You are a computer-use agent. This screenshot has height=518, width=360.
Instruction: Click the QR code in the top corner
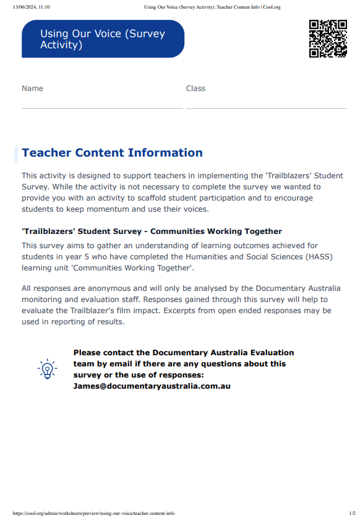[328, 38]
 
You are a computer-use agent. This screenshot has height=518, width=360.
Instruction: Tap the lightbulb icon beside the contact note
[47, 369]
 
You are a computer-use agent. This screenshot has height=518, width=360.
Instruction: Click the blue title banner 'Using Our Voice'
[103, 39]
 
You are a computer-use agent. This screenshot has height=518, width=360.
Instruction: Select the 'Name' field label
[32, 88]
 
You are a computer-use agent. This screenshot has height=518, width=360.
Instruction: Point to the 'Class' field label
[195, 88]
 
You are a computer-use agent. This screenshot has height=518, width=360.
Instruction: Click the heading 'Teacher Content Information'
[112, 153]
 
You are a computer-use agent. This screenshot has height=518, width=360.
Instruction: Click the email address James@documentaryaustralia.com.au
[152, 386]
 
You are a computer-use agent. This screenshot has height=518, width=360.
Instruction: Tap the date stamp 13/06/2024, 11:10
[31, 7]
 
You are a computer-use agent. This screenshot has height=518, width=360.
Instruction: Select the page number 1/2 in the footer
[352, 513]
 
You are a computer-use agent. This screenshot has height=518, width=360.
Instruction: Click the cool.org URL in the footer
[93, 513]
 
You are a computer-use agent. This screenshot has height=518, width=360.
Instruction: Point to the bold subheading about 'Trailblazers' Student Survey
[152, 231]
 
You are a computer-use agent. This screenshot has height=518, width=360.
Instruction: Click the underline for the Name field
[102, 108]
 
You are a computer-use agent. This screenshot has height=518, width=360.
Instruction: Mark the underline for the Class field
[266, 108]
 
